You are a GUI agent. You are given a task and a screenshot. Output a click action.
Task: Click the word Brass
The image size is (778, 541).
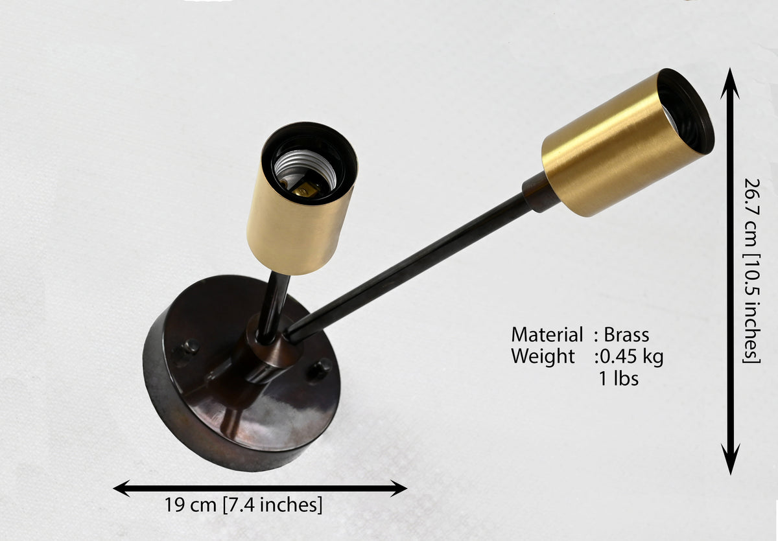[626, 335]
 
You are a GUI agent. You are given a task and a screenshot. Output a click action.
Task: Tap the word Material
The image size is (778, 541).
[547, 335]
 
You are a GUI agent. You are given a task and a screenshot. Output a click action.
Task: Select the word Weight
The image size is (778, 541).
[543, 356]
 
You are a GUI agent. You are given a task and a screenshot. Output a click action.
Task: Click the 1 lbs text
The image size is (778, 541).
[619, 378]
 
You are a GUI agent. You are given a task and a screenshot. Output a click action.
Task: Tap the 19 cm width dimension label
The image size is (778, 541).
[242, 504]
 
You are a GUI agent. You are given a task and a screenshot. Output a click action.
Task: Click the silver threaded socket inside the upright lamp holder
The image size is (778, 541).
[304, 170]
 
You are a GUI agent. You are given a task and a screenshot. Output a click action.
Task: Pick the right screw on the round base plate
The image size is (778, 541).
[319, 369]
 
